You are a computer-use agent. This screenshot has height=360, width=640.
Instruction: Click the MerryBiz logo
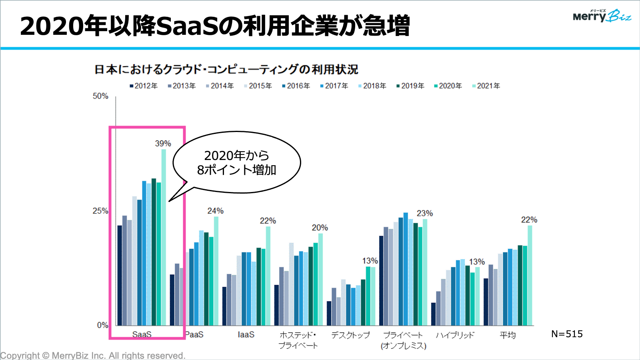pos(602,16)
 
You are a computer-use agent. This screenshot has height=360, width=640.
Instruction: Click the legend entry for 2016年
pos(296,86)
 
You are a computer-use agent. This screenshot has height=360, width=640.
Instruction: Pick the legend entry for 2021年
pos(486,86)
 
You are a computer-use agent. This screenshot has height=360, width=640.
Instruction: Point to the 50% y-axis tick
pos(100,96)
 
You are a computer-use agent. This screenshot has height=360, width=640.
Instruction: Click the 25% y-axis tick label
pos(100,211)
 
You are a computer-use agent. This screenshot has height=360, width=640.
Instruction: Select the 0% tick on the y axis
pos(102,325)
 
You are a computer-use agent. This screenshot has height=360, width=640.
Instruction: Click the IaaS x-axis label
pos(246,335)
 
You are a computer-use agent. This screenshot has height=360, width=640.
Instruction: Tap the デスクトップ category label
pos(350,335)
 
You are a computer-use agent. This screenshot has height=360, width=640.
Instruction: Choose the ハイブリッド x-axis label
pos(455,335)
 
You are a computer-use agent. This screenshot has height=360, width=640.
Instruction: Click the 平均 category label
pos(508,335)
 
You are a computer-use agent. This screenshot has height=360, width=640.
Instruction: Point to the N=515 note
pos(567,334)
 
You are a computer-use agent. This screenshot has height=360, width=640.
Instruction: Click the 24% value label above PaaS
pos(215,211)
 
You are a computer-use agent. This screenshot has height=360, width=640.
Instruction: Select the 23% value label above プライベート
pos(424,213)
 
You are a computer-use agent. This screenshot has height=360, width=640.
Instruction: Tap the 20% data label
pos(320,228)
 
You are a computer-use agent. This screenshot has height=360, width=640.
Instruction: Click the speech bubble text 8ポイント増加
pos(236,170)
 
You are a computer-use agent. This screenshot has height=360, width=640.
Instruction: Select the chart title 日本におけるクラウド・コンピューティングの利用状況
pos(226,70)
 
